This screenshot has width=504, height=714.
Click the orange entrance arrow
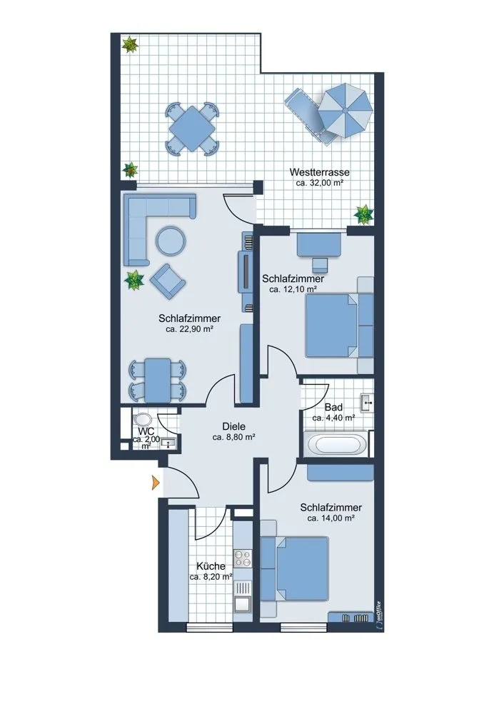coord(156,482)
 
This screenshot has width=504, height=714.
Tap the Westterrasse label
coord(320,173)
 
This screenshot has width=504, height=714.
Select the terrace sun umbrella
coord(345,110)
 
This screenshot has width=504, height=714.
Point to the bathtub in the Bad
coord(338,443)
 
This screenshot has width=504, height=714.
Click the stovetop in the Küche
coord(243,558)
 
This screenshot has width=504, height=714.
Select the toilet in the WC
coord(143,419)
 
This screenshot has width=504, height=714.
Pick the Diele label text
coord(234,427)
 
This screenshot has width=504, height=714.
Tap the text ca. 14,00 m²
coord(331,518)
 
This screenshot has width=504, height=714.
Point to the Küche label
coord(211,566)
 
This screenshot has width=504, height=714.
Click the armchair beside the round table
coord(168,281)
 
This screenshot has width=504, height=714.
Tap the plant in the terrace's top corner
coord(130,44)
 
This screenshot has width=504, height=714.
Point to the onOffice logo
coord(378,616)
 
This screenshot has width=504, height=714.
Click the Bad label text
coord(333,408)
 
